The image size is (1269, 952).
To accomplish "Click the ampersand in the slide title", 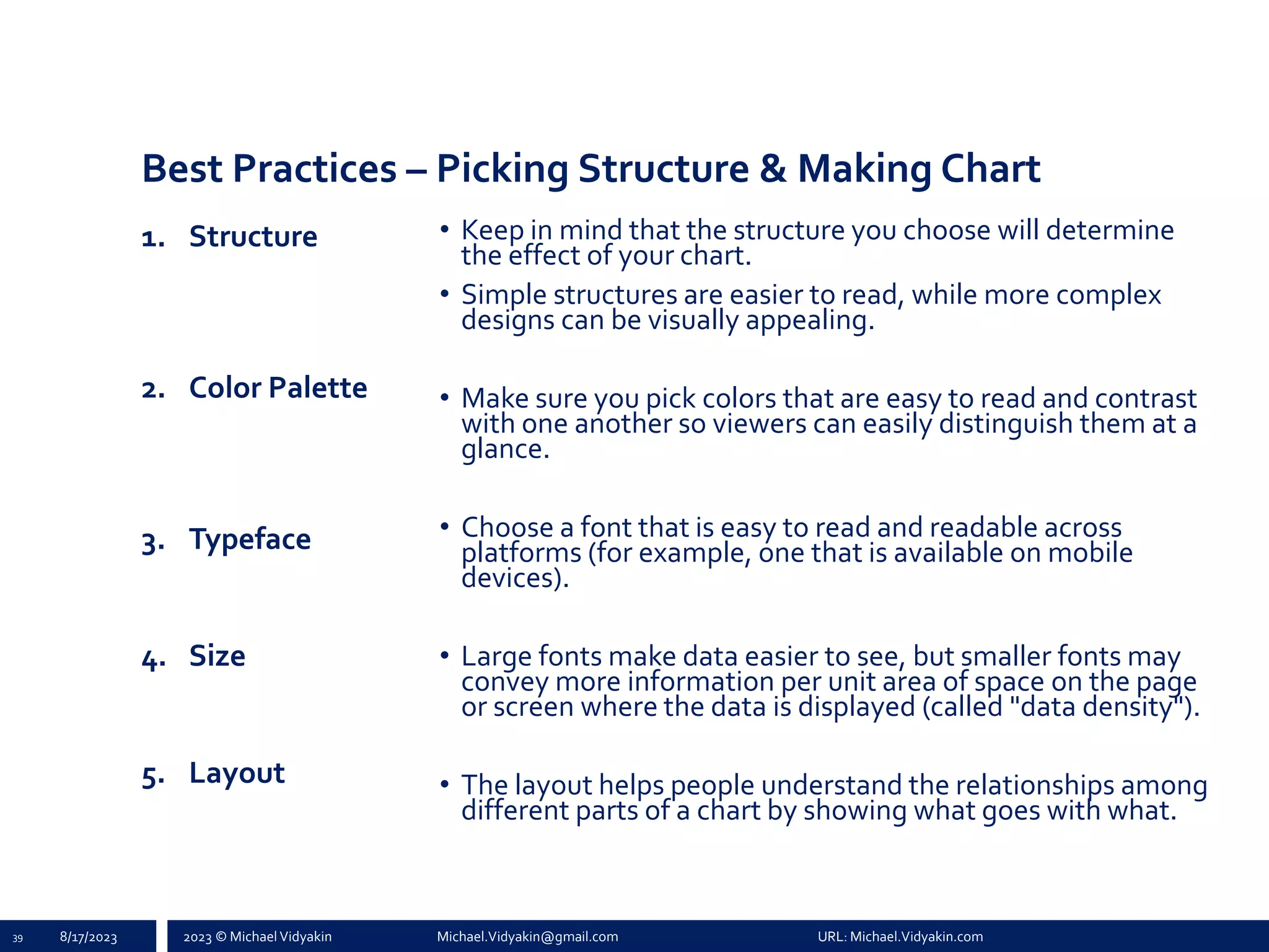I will pos(773,169).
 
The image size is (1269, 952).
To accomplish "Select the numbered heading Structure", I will pos(253,237).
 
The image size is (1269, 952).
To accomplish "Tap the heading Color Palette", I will pos(278,388).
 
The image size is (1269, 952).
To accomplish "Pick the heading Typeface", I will pos(250,539).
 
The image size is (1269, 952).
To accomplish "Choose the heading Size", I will pos(217,656).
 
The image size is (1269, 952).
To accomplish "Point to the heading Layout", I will pos(237,773).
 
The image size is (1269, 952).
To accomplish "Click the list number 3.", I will pos(152,544).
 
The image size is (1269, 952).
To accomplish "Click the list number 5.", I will pos(152,777).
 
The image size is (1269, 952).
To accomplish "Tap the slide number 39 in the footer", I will pos(17,938).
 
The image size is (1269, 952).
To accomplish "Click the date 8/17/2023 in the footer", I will pos(89,937).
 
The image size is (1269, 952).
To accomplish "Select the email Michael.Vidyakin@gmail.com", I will pos(527,937).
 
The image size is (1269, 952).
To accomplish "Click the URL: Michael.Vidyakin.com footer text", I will pos(900,937).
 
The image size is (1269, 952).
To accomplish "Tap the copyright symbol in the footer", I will pos(220,937).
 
